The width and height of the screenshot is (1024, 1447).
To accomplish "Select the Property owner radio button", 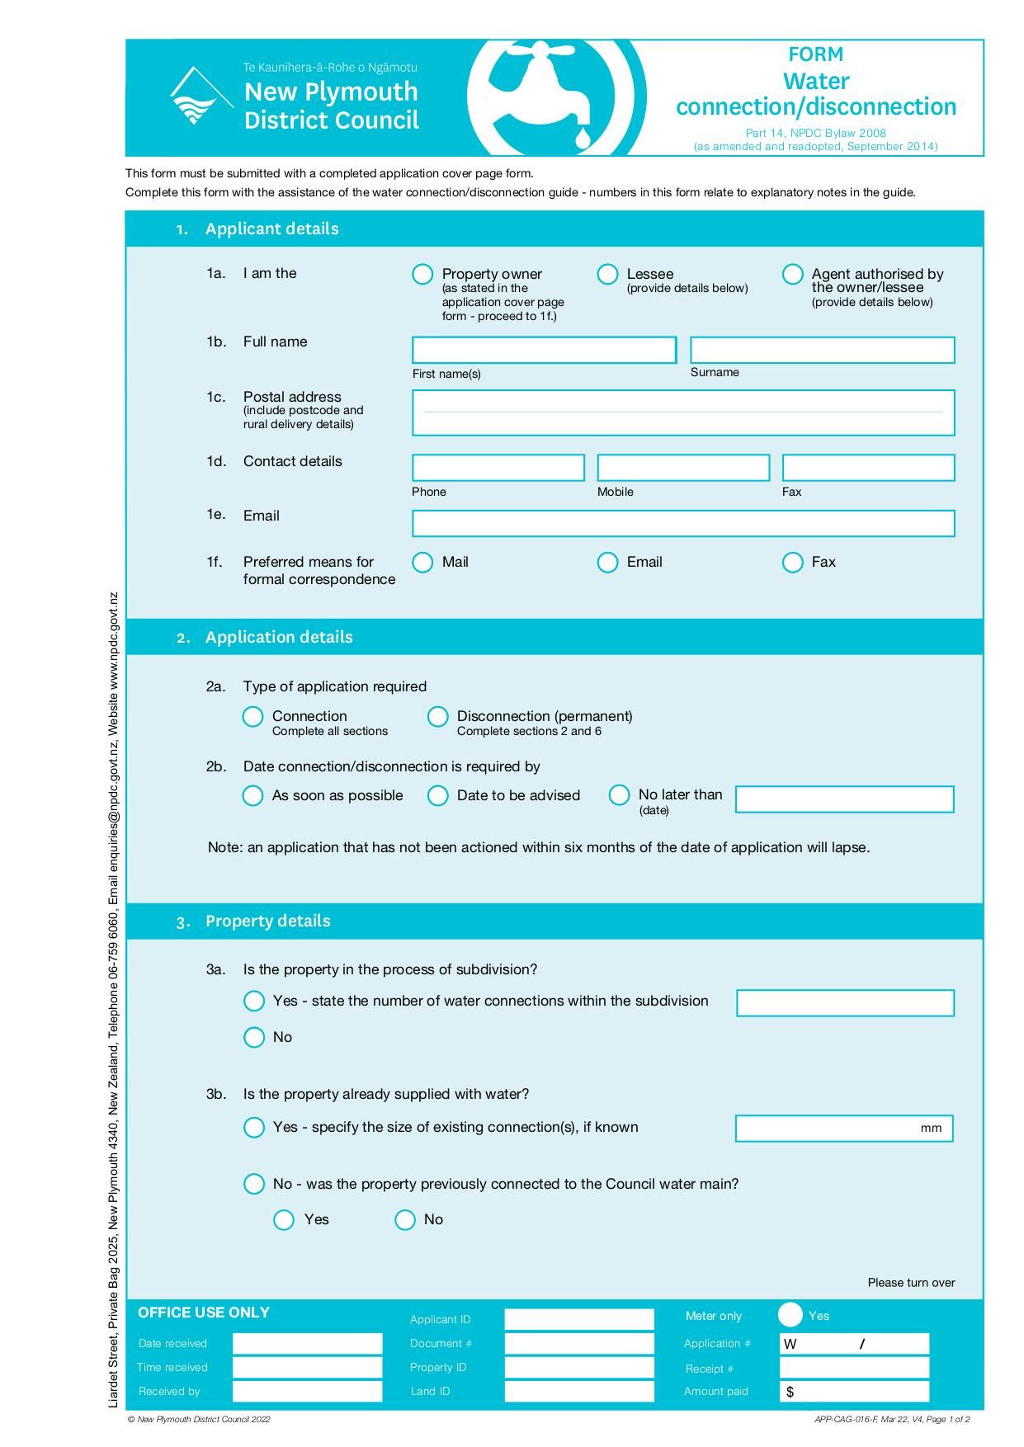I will click(422, 274).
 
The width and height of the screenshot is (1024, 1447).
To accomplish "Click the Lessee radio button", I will click(607, 274).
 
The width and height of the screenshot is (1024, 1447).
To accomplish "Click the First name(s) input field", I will click(544, 350).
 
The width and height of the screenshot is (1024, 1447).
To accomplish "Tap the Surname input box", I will click(822, 350).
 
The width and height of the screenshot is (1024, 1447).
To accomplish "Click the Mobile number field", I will click(683, 468).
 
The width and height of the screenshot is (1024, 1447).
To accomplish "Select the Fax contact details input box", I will click(868, 468).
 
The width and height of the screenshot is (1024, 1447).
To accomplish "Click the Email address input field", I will click(683, 523).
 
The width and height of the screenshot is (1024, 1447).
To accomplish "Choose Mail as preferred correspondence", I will click(422, 562).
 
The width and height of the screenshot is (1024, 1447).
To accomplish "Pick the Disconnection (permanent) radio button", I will click(437, 716).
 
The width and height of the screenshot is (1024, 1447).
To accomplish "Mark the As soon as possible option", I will click(252, 795).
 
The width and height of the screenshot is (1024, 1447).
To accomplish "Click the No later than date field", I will click(844, 799).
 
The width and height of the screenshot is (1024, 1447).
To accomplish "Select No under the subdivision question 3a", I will click(254, 1037).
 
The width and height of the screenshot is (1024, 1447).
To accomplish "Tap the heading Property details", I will click(267, 921).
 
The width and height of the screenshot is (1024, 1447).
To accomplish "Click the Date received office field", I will click(307, 1343).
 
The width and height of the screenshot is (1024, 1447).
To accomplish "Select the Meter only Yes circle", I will click(790, 1315).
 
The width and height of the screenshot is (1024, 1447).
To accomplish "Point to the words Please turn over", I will click(911, 1282).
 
